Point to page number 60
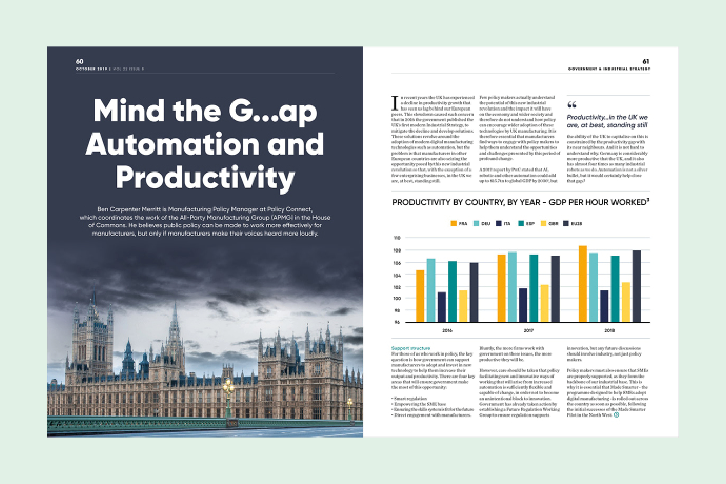pyautogui.click(x=79, y=61)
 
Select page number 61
pyautogui.click(x=646, y=61)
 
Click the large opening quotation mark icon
pyautogui.click(x=572, y=105)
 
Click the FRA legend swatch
pyautogui.click(x=453, y=224)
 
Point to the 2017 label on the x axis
pyautogui.click(x=528, y=331)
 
